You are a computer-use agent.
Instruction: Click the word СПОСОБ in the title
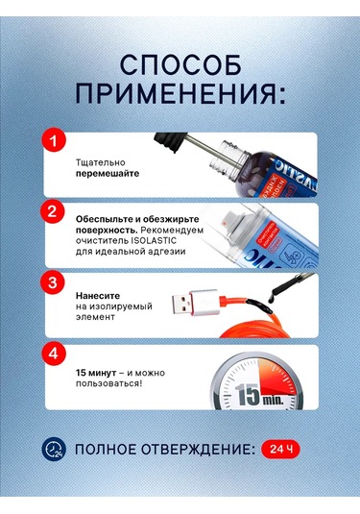click(180, 64)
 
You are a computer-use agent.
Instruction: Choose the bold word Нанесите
click(100, 296)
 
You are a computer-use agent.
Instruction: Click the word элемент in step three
click(96, 322)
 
